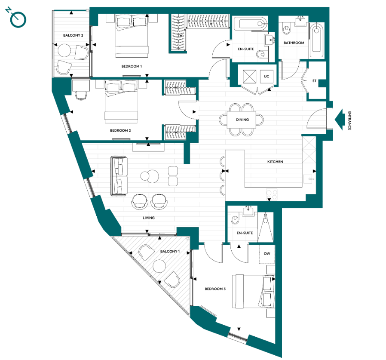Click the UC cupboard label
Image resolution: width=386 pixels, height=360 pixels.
coord(267,76)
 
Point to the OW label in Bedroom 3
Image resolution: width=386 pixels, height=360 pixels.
coord(267,254)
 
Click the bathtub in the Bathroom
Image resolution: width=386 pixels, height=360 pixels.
coord(317,41)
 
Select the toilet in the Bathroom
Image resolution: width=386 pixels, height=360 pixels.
coord(287,30)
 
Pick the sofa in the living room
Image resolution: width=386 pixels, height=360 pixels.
coord(119,175)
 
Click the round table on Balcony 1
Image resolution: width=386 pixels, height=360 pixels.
coord(159,265)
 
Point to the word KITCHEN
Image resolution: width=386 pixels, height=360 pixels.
coord(275,162)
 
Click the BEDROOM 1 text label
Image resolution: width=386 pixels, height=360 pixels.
coord(131,67)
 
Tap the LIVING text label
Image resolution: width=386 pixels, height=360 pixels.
coord(149,218)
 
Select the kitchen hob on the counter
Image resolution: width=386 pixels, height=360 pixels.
coord(272,193)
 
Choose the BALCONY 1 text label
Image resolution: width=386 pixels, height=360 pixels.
coord(170,251)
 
